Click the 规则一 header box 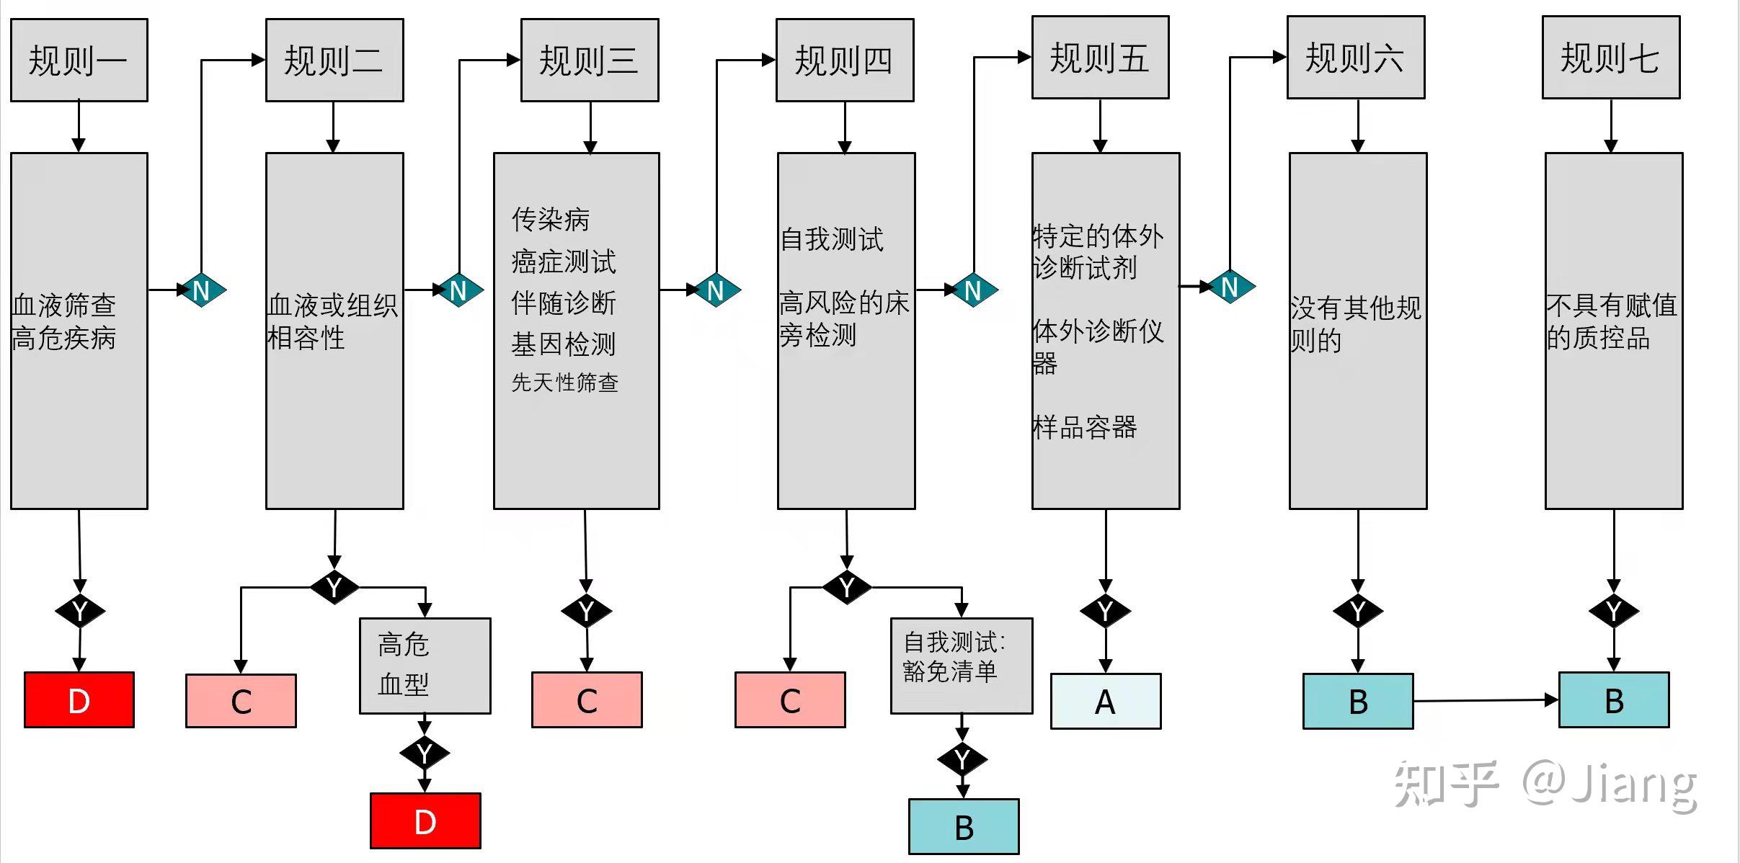tap(79, 60)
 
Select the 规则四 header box tap(845, 60)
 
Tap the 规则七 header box tap(1610, 58)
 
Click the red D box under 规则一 tap(79, 699)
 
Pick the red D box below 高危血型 tap(425, 820)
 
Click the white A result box tap(1106, 701)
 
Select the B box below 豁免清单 tap(964, 826)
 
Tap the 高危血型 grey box tap(425, 666)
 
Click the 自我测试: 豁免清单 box tap(962, 666)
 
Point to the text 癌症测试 tap(564, 261)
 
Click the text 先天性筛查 tap(565, 382)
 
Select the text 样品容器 tap(1085, 427)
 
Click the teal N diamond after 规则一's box tap(202, 290)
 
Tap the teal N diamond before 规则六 tap(1230, 287)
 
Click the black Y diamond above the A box tap(1106, 612)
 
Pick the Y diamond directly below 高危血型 tap(425, 754)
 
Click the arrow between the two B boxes tap(1485, 700)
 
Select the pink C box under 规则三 tap(587, 700)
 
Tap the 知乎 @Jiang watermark tap(1545, 784)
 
